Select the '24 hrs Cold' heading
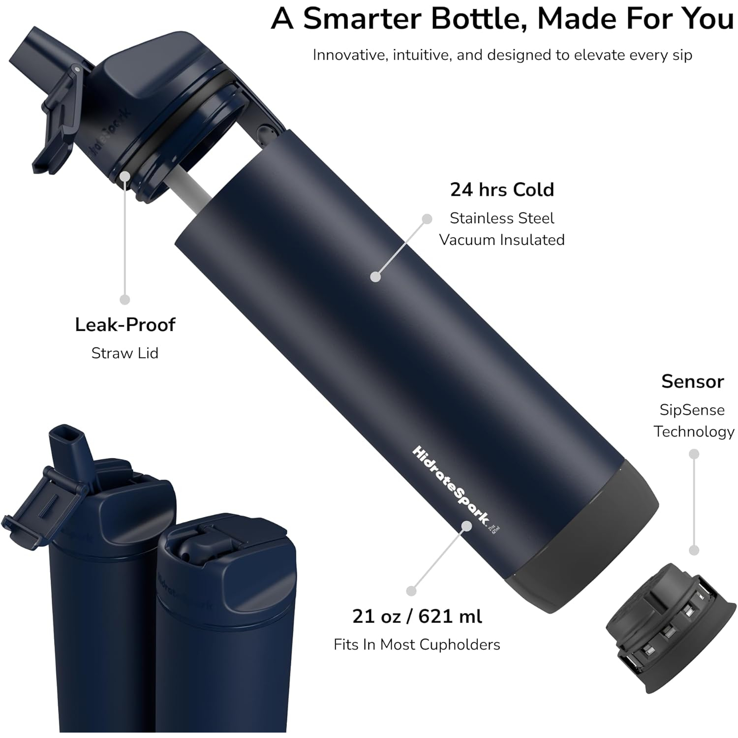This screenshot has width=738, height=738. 502,189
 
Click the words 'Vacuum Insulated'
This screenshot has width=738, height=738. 502,240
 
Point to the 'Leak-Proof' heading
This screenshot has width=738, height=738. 125,325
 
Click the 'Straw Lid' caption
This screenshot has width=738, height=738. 125,353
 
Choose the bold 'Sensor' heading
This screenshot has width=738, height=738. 692,381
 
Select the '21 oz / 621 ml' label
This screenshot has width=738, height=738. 417,616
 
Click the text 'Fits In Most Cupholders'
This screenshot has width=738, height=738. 417,645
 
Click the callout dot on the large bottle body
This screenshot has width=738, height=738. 375,277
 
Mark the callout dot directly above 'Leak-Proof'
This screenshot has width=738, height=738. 125,299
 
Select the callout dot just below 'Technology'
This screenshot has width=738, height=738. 694,454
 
